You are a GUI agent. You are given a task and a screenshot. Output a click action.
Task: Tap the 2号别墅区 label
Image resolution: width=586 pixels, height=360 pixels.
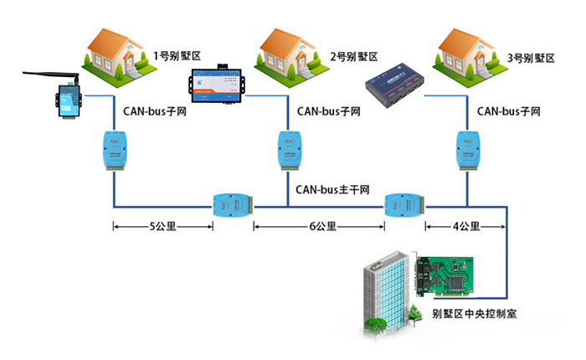(x=354, y=57)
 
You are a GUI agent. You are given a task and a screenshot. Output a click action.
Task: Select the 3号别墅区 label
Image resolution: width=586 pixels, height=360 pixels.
(x=532, y=57)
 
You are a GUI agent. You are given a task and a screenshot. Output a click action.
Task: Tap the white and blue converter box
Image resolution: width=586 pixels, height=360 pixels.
(x=216, y=82)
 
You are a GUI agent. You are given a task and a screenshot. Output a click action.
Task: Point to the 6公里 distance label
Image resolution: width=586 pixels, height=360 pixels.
(x=321, y=226)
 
